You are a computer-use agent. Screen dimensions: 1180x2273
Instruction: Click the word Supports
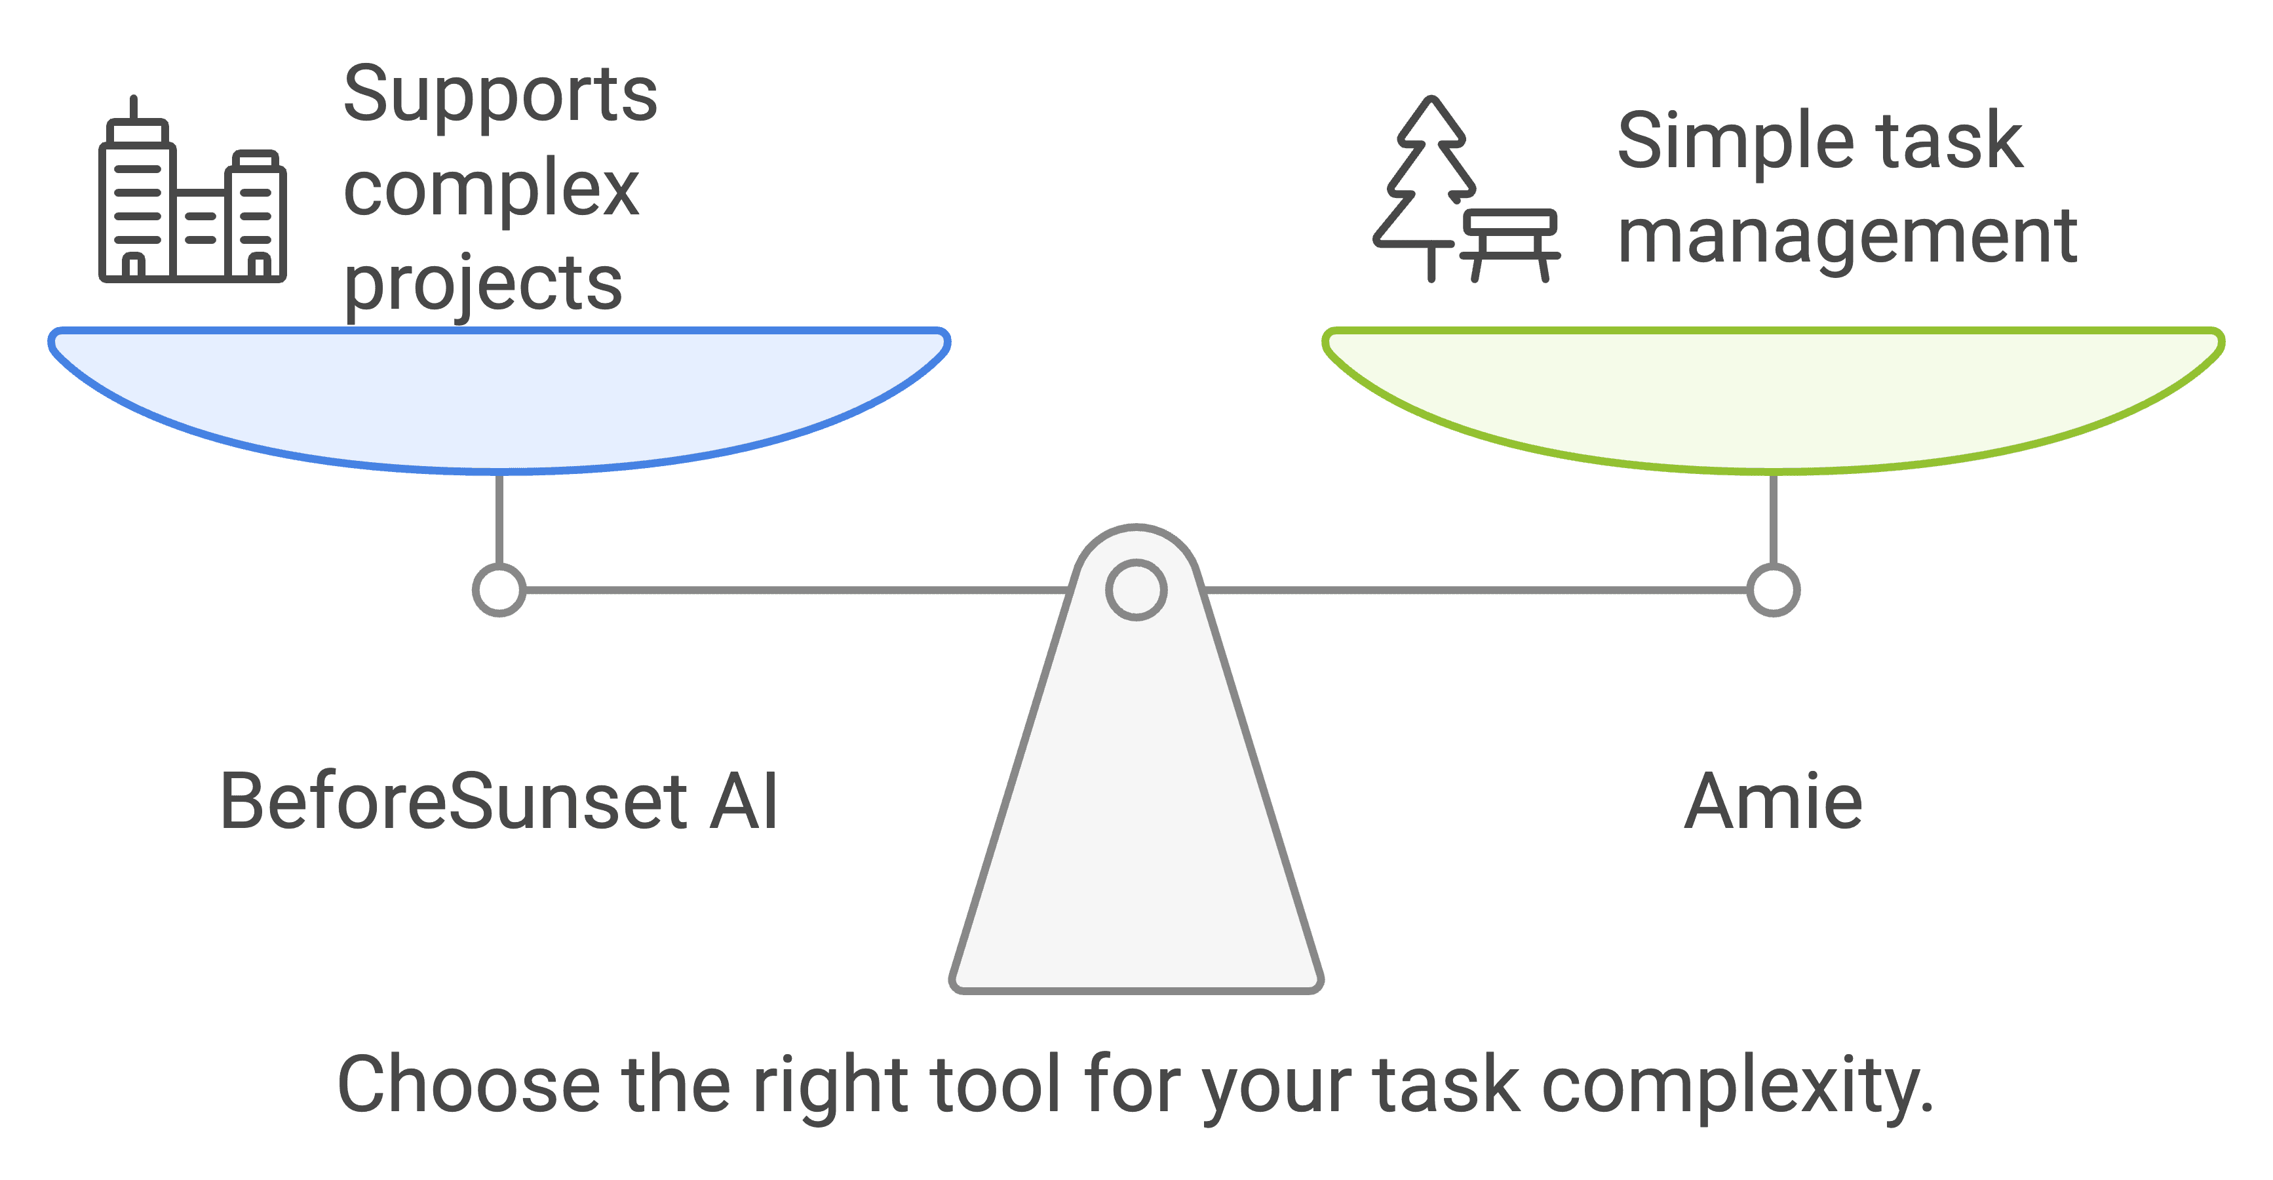click(x=499, y=95)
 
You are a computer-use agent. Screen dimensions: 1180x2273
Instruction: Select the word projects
click(x=482, y=285)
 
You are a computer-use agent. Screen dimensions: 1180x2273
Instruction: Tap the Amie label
click(x=1773, y=801)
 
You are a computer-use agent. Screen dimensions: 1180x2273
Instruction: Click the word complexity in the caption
click(x=1736, y=1086)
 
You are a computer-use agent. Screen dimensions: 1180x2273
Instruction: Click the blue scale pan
click(x=499, y=397)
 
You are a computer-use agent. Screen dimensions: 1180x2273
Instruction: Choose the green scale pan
click(x=1773, y=397)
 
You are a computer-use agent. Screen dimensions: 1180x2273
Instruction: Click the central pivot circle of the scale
click(x=1136, y=589)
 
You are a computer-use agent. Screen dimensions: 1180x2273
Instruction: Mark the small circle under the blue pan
click(x=499, y=589)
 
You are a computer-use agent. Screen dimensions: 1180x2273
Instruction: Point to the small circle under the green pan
click(x=1774, y=589)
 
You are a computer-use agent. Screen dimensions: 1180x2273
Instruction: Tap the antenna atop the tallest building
click(x=134, y=108)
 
